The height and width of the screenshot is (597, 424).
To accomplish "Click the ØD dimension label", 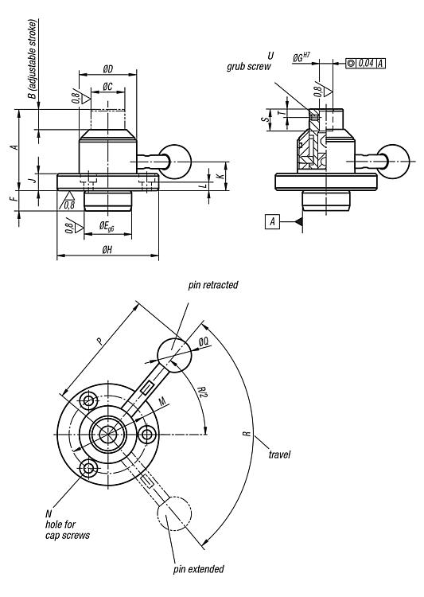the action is (108, 69).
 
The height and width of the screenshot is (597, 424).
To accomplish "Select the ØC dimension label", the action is (107, 87).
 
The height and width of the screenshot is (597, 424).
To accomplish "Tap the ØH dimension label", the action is (107, 250).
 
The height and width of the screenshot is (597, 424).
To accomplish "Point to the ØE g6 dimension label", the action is (107, 226).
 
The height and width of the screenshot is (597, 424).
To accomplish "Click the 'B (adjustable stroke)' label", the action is (33, 60).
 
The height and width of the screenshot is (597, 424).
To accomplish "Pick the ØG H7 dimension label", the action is (301, 57).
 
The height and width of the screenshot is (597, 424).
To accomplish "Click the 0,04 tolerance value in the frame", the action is (366, 63).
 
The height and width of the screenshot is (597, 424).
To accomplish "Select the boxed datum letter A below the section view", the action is (272, 221).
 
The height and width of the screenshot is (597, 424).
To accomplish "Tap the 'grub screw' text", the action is (249, 67).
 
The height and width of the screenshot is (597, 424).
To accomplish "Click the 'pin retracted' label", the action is (212, 285).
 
